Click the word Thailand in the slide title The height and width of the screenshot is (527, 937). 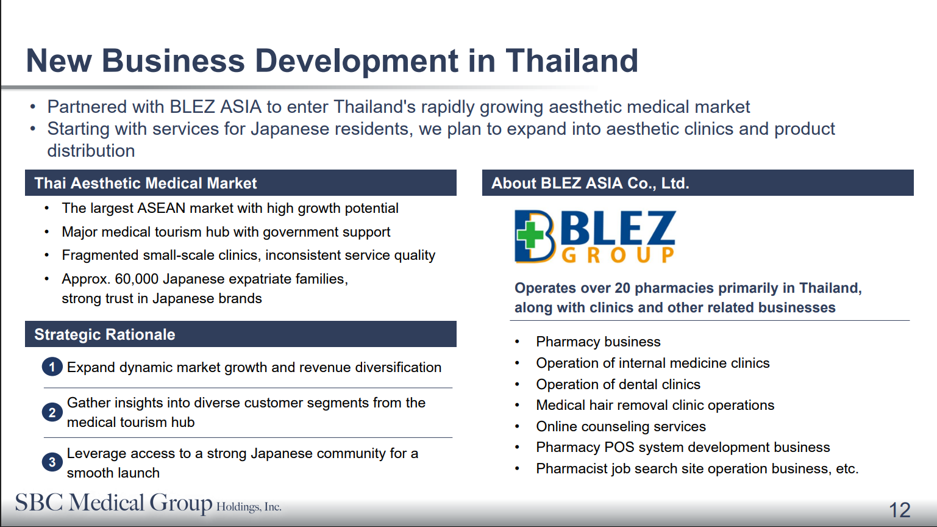pyautogui.click(x=572, y=61)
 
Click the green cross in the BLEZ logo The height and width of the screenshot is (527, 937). pyautogui.click(x=530, y=235)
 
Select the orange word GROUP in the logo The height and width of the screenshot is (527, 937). pyautogui.click(x=618, y=254)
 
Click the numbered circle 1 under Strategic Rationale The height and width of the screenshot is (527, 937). pyautogui.click(x=52, y=367)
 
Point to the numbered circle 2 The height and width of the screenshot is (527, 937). pyautogui.click(x=52, y=412)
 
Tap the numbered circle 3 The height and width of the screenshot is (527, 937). pyautogui.click(x=52, y=462)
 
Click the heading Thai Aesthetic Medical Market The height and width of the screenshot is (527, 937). pyautogui.click(x=146, y=183)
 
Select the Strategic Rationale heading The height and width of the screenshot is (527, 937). pyautogui.click(x=105, y=334)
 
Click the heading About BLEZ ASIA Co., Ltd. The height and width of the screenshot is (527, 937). pyautogui.click(x=590, y=183)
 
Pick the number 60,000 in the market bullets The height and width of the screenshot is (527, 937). pyautogui.click(x=137, y=279)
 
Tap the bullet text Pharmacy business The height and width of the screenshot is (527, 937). pyautogui.click(x=598, y=342)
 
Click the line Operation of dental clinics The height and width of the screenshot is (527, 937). pyautogui.click(x=618, y=384)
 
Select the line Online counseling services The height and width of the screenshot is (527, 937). pyautogui.click(x=621, y=426)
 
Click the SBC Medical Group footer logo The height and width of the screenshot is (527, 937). pyautogui.click(x=148, y=504)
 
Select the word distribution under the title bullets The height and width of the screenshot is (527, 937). pyautogui.click(x=91, y=151)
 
